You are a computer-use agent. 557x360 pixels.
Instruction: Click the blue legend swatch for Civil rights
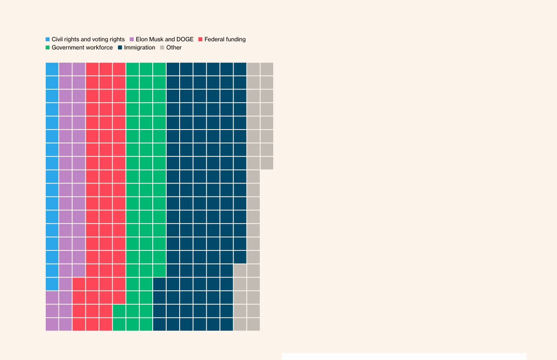tap(47, 39)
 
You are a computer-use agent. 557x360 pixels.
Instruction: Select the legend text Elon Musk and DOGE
tap(164, 39)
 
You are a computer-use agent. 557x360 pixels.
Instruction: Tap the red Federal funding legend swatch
tap(201, 39)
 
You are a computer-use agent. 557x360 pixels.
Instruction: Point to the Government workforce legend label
tap(82, 47)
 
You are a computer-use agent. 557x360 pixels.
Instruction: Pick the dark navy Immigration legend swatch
tap(120, 47)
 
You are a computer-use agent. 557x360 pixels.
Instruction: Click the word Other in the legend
tap(174, 47)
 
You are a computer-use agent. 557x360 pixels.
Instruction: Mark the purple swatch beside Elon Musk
tap(132, 39)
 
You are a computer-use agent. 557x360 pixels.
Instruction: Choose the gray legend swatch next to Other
tap(162, 47)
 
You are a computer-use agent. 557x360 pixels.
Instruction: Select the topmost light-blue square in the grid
tap(52, 69)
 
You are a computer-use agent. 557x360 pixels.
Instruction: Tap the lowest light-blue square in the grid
tap(52, 284)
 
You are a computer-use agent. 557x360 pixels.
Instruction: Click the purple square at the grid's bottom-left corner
tap(52, 324)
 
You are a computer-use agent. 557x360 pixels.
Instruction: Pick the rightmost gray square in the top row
tap(267, 69)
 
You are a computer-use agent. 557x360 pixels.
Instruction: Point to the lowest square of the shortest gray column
tap(267, 163)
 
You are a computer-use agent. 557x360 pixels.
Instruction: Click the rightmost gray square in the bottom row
tap(253, 324)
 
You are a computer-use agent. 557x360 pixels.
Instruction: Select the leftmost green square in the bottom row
tap(119, 324)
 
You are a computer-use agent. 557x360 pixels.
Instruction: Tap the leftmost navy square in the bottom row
tap(159, 324)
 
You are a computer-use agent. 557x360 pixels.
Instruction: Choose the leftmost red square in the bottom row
tap(79, 324)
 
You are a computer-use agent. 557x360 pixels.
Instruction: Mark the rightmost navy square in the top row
tap(240, 69)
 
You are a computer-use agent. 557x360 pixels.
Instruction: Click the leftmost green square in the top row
tap(133, 69)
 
